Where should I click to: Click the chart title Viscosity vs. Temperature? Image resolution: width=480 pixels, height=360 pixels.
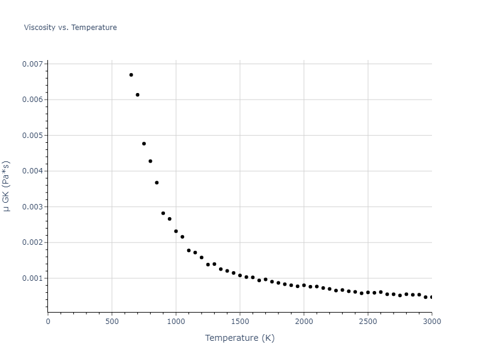pyautogui.click(x=70, y=28)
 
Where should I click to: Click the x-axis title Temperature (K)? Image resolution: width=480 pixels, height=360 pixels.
pyautogui.click(x=239, y=338)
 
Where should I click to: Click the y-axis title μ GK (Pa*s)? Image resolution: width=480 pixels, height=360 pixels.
pyautogui.click(x=7, y=186)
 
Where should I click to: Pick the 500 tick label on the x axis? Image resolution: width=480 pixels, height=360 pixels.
pyautogui.click(x=112, y=322)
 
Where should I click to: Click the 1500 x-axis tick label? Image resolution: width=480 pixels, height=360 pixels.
pyautogui.click(x=239, y=322)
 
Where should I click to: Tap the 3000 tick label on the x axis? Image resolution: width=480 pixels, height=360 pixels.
pyautogui.click(x=431, y=322)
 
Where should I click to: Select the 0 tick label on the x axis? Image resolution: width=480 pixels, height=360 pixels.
pyautogui.click(x=48, y=322)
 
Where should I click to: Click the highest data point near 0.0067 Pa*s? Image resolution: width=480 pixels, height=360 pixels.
pyautogui.click(x=131, y=75)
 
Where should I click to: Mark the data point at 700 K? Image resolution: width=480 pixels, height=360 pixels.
pyautogui.click(x=137, y=95)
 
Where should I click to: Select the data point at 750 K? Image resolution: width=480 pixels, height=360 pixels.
pyautogui.click(x=144, y=144)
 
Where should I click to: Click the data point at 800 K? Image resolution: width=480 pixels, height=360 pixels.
pyautogui.click(x=150, y=161)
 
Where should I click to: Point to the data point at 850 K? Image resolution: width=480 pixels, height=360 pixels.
pyautogui.click(x=157, y=182)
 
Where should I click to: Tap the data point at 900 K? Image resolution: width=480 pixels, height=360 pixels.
pyautogui.click(x=163, y=213)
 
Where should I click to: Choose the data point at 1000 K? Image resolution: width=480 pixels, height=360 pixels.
pyautogui.click(x=176, y=231)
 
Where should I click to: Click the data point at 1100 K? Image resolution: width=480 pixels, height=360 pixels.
pyautogui.click(x=188, y=250)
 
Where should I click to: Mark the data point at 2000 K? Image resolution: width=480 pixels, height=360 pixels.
pyautogui.click(x=304, y=285)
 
